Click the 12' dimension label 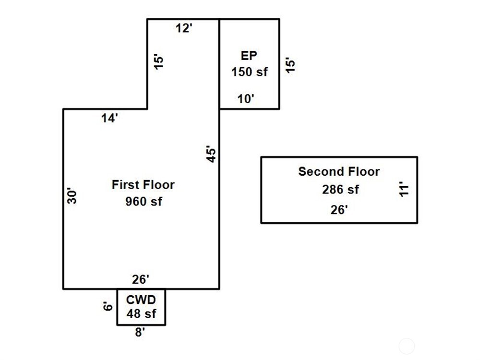tap(184, 28)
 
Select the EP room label tap(249, 55)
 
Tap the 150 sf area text tap(250, 72)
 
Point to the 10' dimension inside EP tap(246, 99)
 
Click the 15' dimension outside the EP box tap(290, 65)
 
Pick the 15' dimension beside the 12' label tap(159, 62)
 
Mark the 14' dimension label tap(109, 118)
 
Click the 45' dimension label tap(211, 154)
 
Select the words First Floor tap(143, 185)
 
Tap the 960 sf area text tap(144, 202)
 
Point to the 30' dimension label tap(72, 196)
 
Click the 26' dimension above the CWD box tap(141, 279)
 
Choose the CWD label tap(141, 300)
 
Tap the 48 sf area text tap(141, 313)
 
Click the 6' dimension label tap(108, 306)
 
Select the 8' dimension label tap(140, 332)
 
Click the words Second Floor tap(339, 171)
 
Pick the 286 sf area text tap(340, 190)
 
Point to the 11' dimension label tap(404, 189)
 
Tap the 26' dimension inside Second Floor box tap(339, 210)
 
